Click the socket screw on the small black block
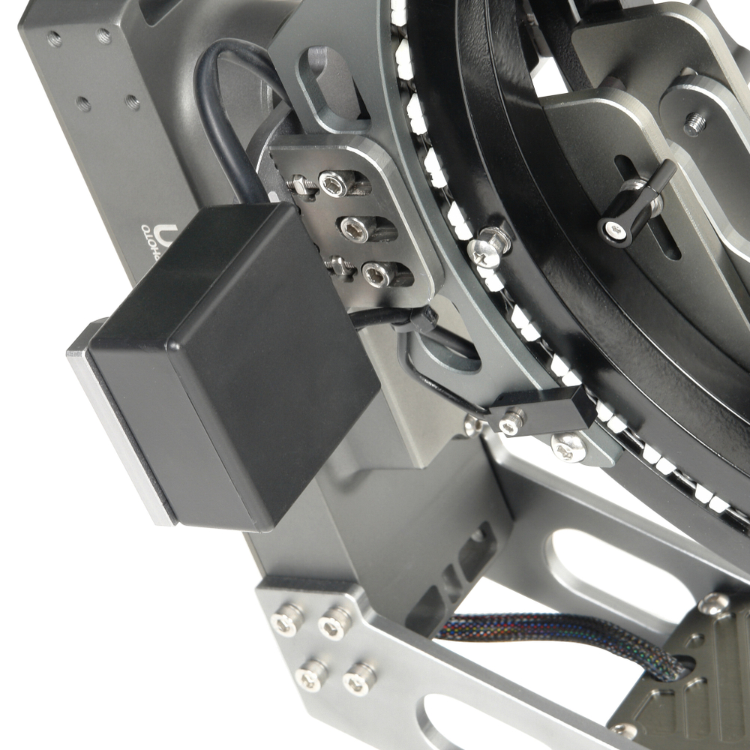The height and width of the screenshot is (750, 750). click(x=512, y=422)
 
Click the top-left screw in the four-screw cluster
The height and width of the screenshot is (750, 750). click(x=287, y=619)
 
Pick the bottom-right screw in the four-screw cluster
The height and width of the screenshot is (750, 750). click(x=360, y=678)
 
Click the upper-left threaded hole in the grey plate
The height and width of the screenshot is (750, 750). click(x=55, y=39)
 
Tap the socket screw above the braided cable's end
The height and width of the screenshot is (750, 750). click(x=712, y=604)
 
